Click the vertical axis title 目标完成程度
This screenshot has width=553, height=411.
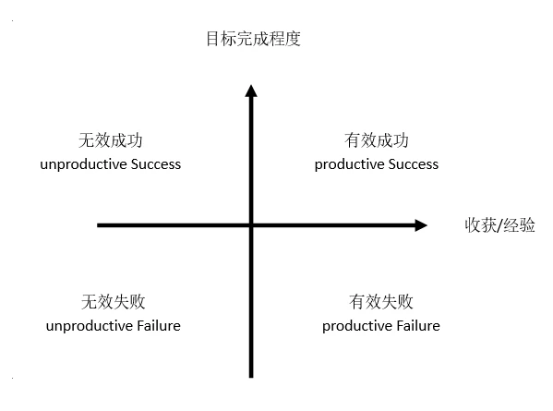(x=253, y=39)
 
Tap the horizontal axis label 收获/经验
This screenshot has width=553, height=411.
(x=499, y=225)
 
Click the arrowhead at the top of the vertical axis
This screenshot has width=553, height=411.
(x=251, y=91)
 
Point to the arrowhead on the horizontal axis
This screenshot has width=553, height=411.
(x=421, y=225)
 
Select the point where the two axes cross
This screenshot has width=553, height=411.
(x=251, y=225)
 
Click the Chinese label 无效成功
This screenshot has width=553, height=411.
(x=111, y=140)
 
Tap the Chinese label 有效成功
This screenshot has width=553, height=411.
(x=377, y=140)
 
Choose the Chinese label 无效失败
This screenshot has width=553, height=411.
(x=114, y=302)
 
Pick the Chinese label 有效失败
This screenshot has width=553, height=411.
(x=381, y=302)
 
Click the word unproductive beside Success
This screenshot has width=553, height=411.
(x=84, y=165)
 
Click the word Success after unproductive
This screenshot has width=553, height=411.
(x=156, y=164)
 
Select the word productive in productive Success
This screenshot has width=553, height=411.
(x=350, y=165)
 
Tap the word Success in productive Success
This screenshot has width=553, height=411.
(x=414, y=164)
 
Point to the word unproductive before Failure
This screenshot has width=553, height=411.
(x=90, y=327)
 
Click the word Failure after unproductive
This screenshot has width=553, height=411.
(x=159, y=326)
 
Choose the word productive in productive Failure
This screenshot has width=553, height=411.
(x=357, y=327)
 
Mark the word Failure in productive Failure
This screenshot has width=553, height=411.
(x=418, y=326)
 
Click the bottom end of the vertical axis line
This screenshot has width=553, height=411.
(x=251, y=378)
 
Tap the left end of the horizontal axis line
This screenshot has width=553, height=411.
(x=98, y=225)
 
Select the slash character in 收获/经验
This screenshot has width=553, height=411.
(x=499, y=225)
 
